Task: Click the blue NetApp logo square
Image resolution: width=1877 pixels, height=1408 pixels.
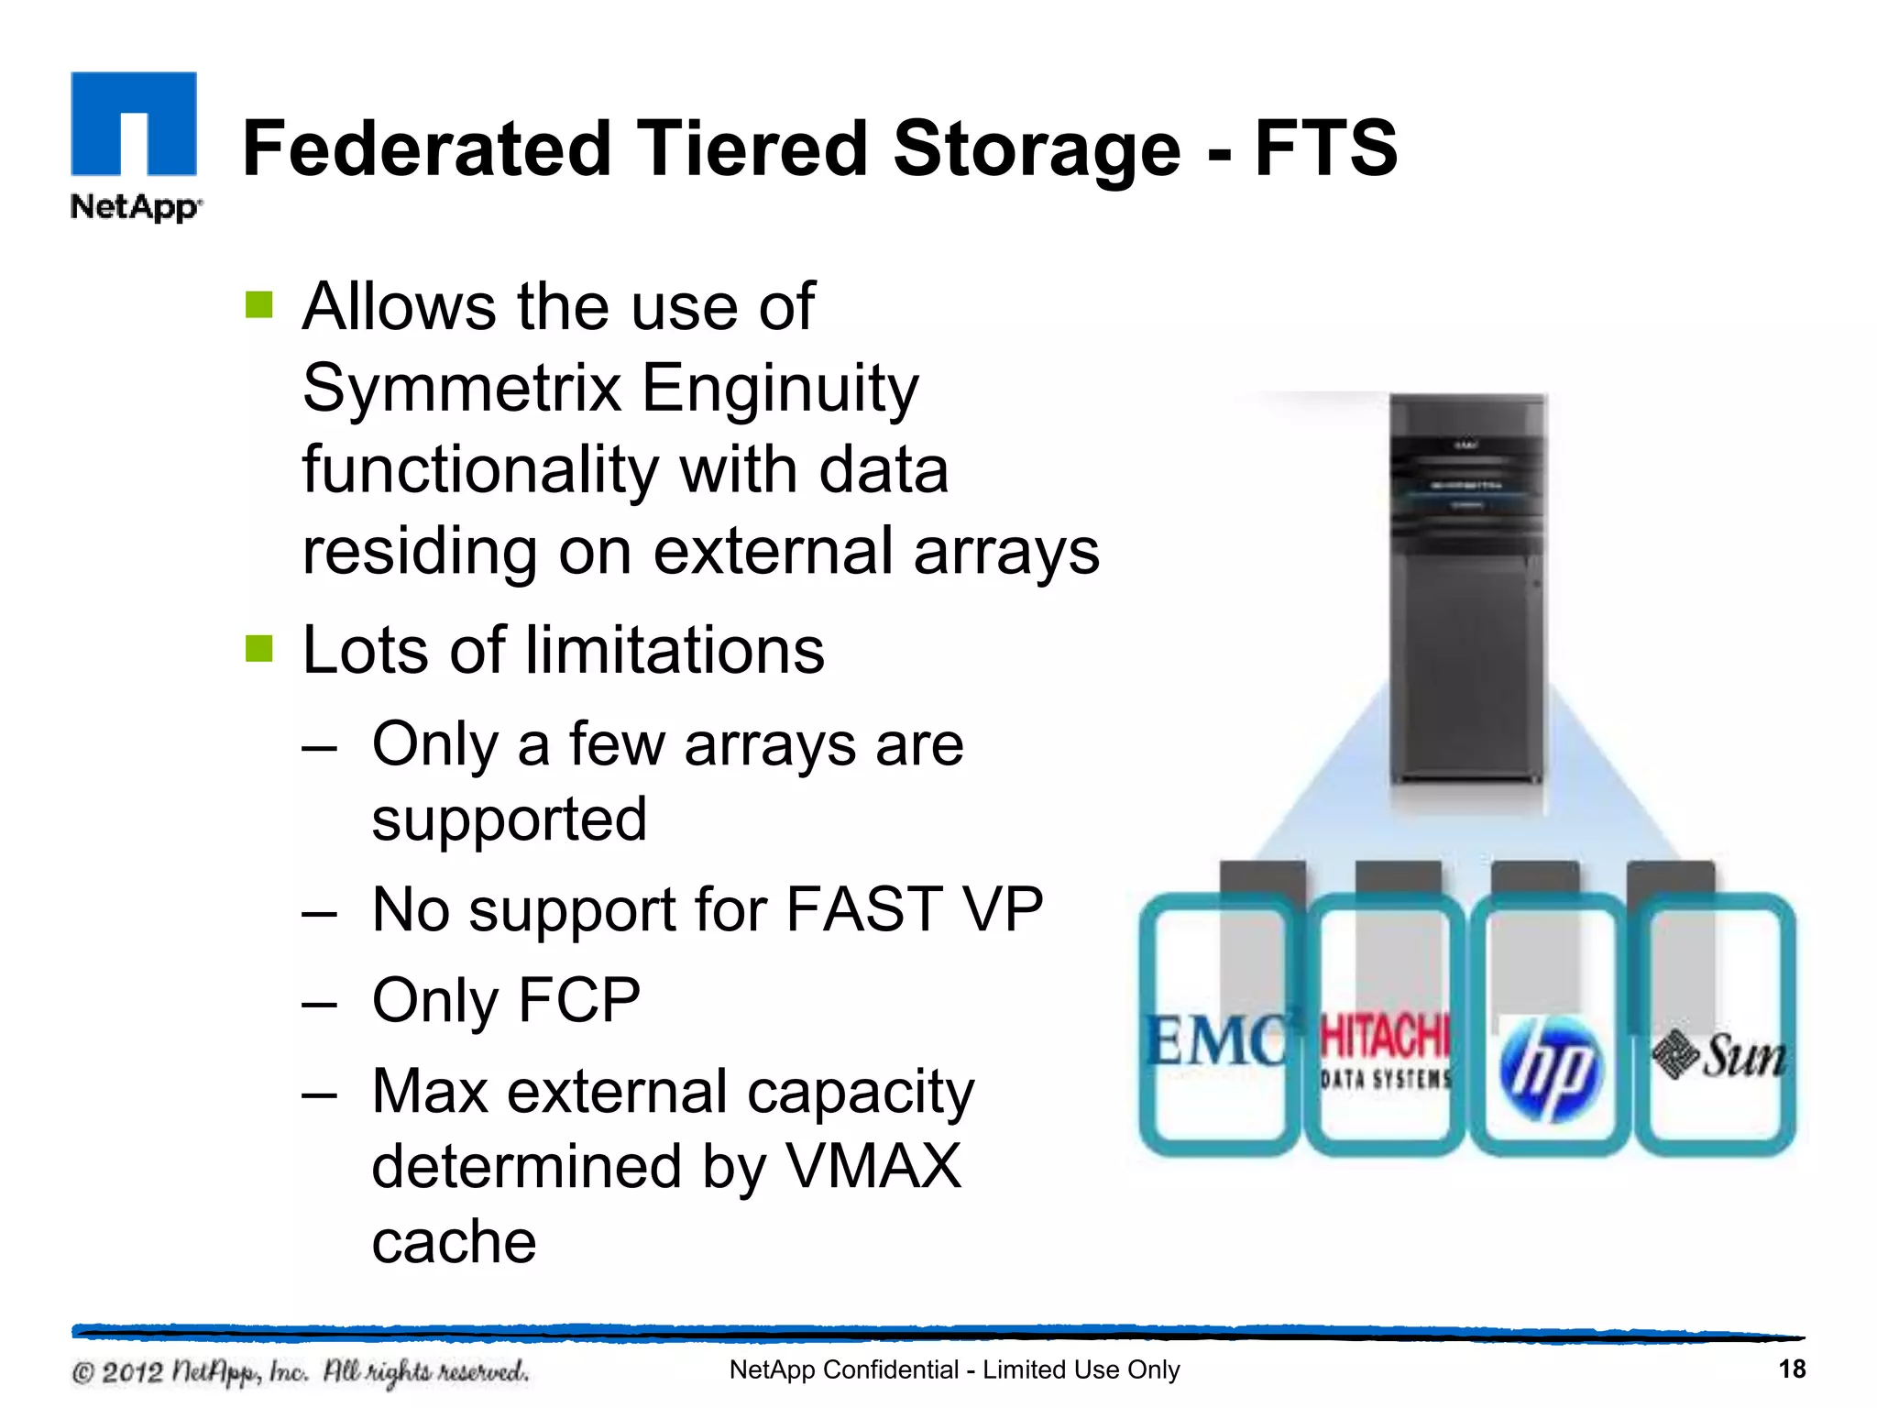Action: point(134,123)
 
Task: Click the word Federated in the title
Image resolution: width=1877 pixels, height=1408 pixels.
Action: point(426,148)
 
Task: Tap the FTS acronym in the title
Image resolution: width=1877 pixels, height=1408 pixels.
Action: point(1324,148)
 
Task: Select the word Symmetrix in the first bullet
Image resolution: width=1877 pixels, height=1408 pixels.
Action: point(463,389)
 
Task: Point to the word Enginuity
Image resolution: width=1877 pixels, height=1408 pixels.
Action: point(779,389)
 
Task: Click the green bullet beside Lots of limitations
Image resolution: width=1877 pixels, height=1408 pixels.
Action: point(259,649)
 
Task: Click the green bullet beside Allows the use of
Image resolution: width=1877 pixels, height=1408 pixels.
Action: point(259,305)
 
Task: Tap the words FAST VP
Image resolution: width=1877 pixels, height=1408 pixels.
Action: point(914,909)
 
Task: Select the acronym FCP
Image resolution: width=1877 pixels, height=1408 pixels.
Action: point(579,1000)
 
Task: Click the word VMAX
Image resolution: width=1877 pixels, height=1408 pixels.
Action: point(874,1167)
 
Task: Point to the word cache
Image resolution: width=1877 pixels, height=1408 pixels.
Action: point(454,1242)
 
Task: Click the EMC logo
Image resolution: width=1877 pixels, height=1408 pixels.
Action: point(1217,1041)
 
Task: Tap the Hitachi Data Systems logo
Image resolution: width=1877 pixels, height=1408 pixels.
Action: point(1385,1052)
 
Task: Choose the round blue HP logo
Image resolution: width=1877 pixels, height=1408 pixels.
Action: point(1550,1069)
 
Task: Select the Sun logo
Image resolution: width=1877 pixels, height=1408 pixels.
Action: point(1718,1056)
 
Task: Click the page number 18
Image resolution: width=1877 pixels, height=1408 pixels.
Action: point(1792,1369)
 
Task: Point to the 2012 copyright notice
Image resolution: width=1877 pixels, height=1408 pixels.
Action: point(300,1372)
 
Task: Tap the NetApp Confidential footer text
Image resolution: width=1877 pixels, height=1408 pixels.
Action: point(954,1369)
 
